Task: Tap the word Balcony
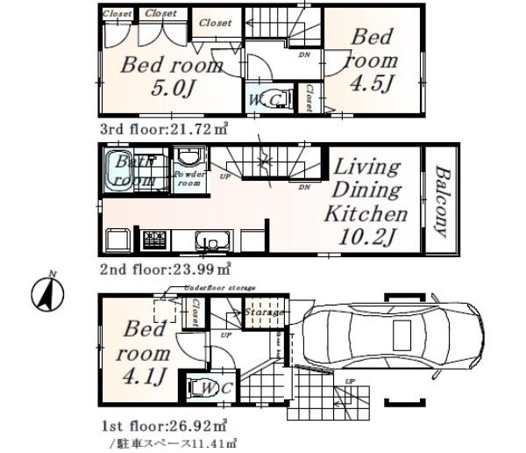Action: (x=442, y=202)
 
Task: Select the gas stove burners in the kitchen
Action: (x=156, y=239)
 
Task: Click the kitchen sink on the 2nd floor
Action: (x=213, y=241)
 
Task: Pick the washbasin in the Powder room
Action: (x=188, y=158)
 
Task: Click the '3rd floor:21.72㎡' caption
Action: (x=163, y=128)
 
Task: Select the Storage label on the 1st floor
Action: (x=262, y=312)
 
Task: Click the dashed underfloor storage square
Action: (x=166, y=312)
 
